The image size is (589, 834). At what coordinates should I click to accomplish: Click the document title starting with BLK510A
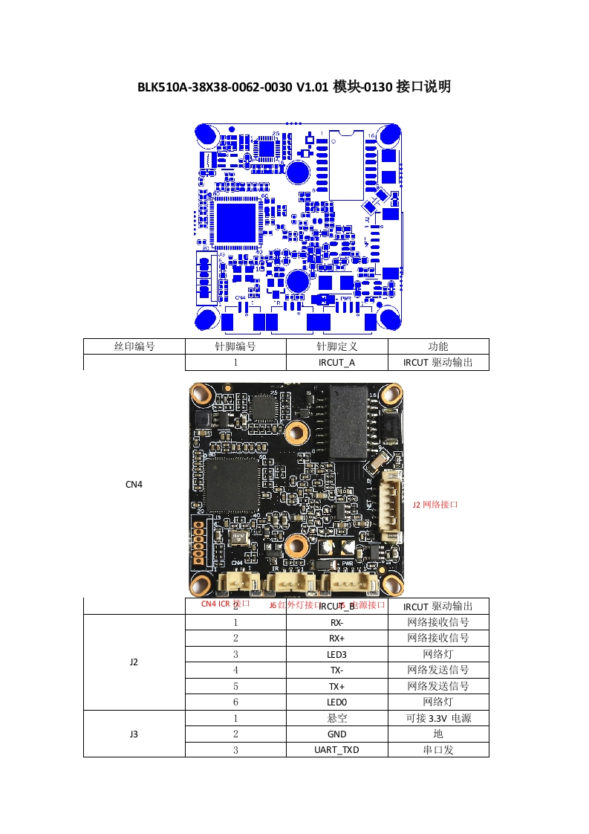[x=294, y=87]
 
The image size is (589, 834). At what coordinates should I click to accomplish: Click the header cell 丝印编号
[x=134, y=346]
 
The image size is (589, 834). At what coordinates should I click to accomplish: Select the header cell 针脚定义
[x=336, y=346]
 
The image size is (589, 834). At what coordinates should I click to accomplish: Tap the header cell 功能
[x=438, y=346]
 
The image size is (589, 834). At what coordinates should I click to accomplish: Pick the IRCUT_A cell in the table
[x=336, y=363]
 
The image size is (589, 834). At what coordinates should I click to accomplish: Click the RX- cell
[x=336, y=622]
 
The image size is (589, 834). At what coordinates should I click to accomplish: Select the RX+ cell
[x=336, y=638]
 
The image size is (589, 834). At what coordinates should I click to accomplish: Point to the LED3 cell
[x=336, y=654]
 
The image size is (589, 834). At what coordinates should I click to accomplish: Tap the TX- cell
[x=336, y=670]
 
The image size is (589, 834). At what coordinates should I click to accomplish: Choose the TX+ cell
[x=336, y=686]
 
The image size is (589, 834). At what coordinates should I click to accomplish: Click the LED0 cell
[x=336, y=702]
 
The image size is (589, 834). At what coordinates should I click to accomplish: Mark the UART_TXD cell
[x=336, y=749]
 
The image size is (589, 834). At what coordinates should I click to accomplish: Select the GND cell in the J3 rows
[x=336, y=734]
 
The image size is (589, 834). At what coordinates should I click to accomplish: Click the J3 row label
[x=134, y=734]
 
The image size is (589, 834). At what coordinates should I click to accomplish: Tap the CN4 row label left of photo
[x=134, y=484]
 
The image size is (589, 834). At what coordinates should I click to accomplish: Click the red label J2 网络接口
[x=435, y=504]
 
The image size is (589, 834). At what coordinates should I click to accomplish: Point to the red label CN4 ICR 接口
[x=226, y=604]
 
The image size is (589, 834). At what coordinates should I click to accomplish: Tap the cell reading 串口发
[x=438, y=749]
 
